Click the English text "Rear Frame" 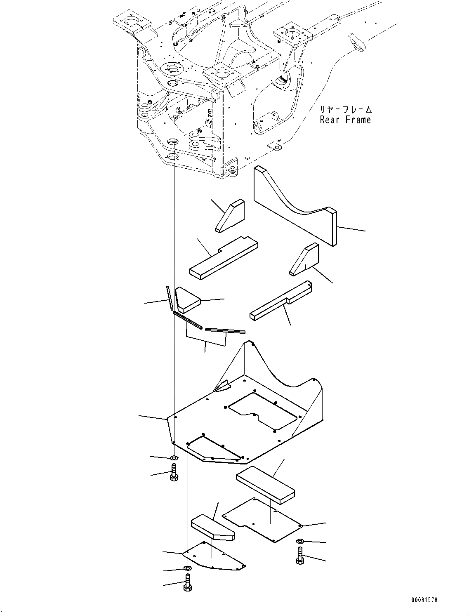345,120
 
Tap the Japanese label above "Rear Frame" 345,110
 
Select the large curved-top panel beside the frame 295,206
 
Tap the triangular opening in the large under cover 212,448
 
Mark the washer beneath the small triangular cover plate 187,569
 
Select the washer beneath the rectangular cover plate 300,541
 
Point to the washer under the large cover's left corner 174,458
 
